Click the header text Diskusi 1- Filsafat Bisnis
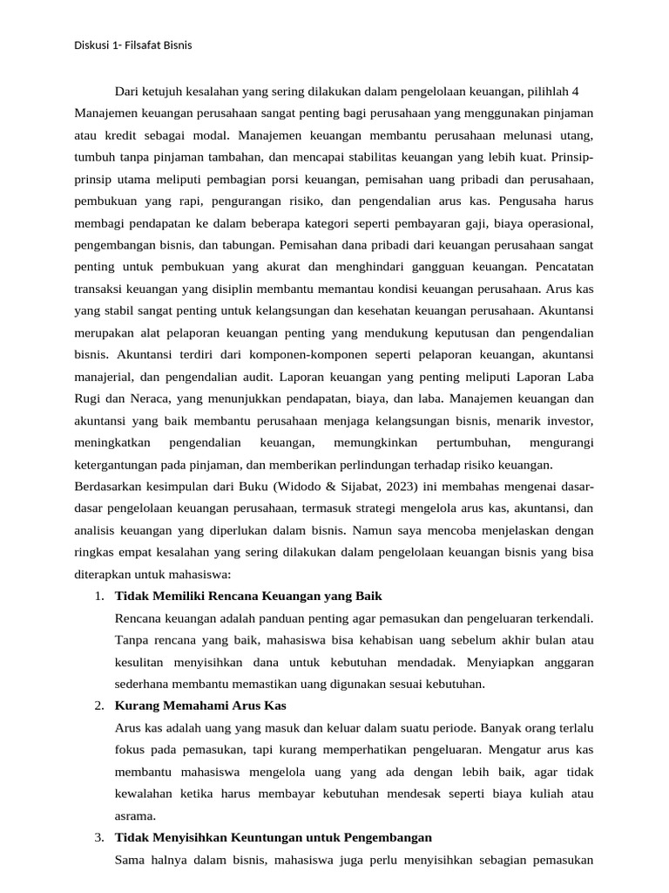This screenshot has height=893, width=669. [x=132, y=45]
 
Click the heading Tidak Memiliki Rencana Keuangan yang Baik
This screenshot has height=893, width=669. [x=248, y=596]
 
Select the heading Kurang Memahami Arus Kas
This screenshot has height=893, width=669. [x=200, y=706]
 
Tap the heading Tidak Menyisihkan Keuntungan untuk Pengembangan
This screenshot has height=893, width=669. [x=273, y=838]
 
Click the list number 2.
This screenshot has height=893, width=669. [x=98, y=706]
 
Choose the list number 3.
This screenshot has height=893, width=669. [x=98, y=838]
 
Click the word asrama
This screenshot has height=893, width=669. [x=134, y=816]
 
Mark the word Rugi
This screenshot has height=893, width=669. [x=88, y=399]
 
